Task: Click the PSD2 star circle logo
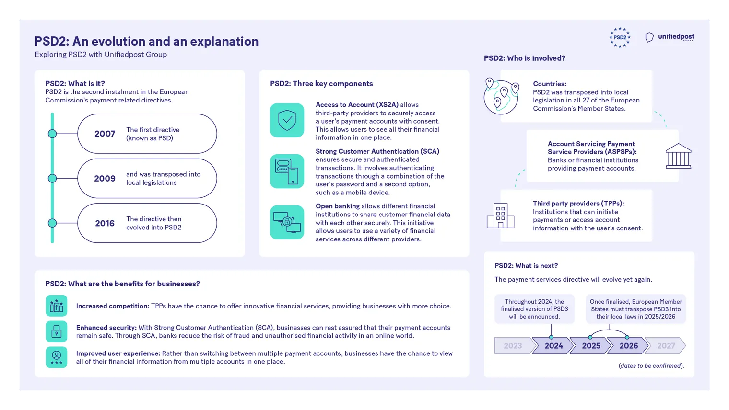click(620, 37)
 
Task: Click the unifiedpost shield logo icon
click(649, 37)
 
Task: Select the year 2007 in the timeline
click(105, 134)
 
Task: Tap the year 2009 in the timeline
click(105, 179)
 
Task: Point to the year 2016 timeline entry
click(105, 223)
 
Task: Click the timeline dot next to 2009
click(52, 179)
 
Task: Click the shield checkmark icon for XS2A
click(287, 120)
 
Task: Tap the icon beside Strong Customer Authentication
click(287, 171)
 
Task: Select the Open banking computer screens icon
click(287, 222)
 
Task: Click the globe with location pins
click(501, 96)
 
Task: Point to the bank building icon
click(678, 156)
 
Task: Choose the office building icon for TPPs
click(501, 216)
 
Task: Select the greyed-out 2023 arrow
click(514, 346)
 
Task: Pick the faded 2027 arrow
click(665, 346)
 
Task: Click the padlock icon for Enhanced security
click(56, 331)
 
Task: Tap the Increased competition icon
click(56, 306)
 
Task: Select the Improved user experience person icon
click(56, 357)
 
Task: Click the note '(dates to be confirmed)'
click(651, 366)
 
